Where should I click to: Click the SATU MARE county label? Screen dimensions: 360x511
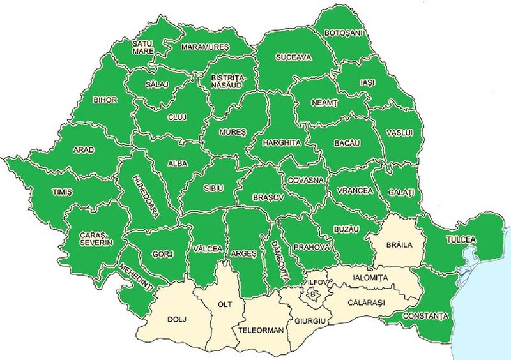(x=142, y=47)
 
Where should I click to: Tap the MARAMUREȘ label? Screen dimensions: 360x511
(x=204, y=47)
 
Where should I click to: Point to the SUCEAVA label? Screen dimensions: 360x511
(x=293, y=57)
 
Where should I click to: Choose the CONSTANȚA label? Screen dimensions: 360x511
(x=425, y=315)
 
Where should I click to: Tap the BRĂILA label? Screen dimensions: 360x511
(x=400, y=244)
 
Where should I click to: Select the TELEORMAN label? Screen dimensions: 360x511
(x=261, y=331)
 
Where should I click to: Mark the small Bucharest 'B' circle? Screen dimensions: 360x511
(x=312, y=294)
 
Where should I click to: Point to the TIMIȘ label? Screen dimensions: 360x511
(x=63, y=191)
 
